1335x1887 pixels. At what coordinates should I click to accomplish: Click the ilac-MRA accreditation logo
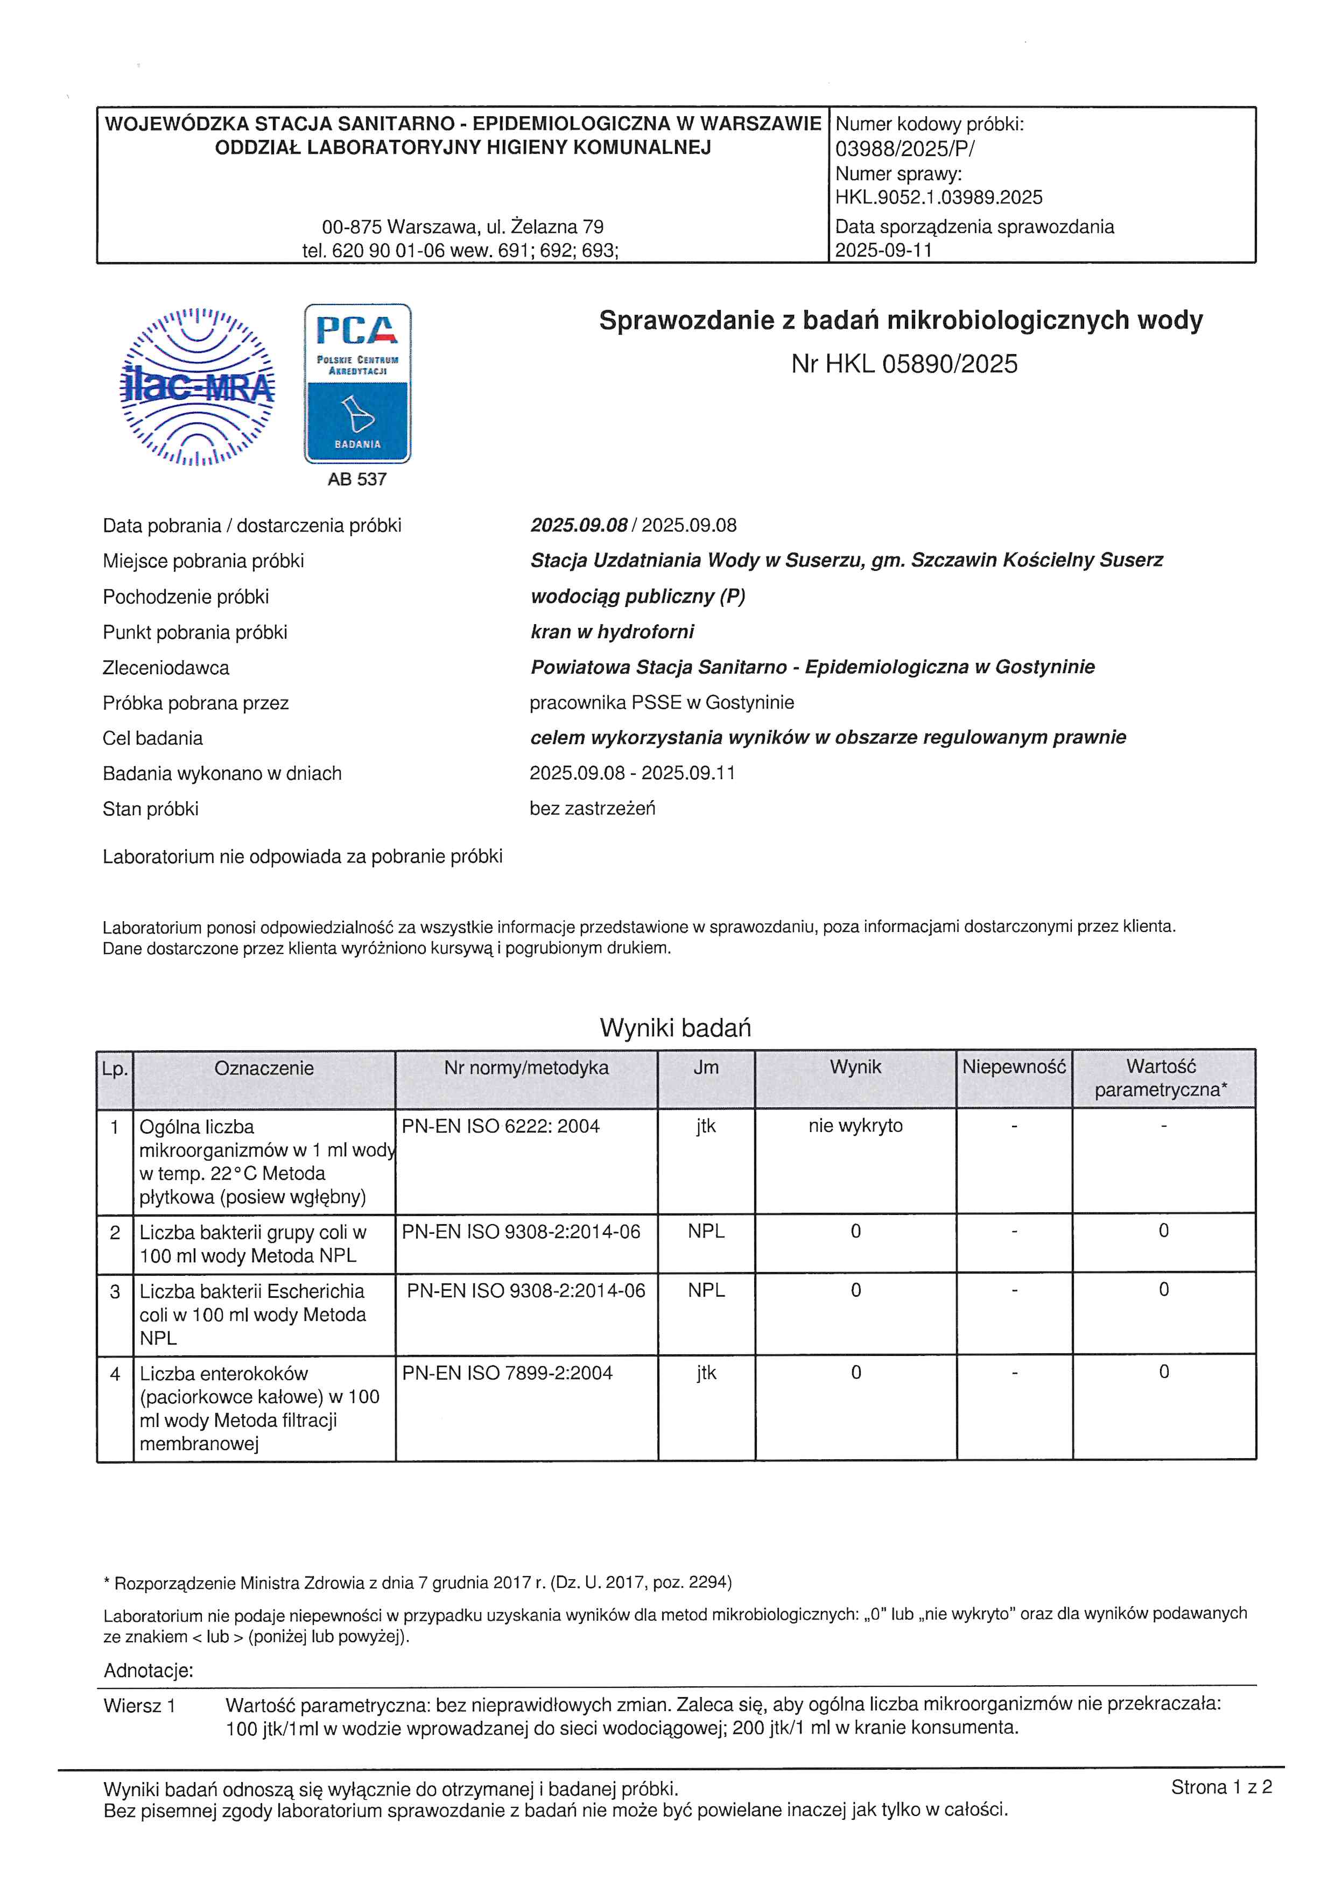[x=198, y=386]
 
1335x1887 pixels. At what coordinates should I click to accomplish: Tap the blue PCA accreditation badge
[x=357, y=384]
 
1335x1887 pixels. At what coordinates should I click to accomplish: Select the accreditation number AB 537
[x=357, y=479]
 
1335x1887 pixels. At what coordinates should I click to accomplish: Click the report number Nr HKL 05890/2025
[x=904, y=364]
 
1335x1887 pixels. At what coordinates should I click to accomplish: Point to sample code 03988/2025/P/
[x=904, y=149]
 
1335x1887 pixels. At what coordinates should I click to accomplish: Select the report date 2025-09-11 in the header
[x=884, y=250]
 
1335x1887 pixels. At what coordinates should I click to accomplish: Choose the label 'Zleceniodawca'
[x=166, y=667]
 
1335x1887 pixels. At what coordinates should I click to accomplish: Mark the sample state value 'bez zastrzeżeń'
[x=593, y=809]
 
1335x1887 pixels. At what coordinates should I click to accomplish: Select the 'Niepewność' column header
[x=1014, y=1067]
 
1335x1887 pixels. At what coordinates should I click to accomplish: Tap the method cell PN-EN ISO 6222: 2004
[x=501, y=1127]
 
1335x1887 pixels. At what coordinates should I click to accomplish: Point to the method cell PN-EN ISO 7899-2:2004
[x=507, y=1373]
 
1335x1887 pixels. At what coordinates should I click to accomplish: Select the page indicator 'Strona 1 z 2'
[x=1221, y=1787]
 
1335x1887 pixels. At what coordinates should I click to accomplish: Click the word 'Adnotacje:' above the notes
[x=149, y=1670]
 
